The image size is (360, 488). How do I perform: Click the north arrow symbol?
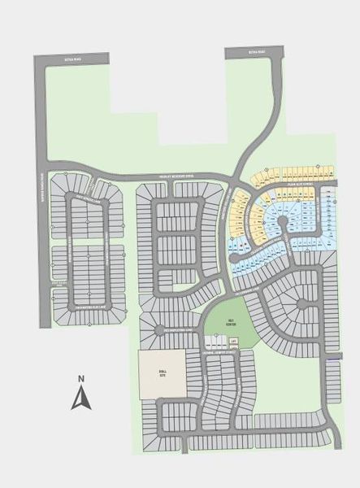point(80,399)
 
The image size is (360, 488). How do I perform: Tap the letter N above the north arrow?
point(80,378)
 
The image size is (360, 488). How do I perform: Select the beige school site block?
point(163,375)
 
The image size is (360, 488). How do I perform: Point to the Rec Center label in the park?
point(231,322)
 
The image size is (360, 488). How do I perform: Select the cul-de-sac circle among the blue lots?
point(283,220)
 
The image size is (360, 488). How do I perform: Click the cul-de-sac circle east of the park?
point(301,304)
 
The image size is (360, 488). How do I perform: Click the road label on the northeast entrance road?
point(251,53)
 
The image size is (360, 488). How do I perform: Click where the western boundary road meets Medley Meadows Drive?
point(41,159)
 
